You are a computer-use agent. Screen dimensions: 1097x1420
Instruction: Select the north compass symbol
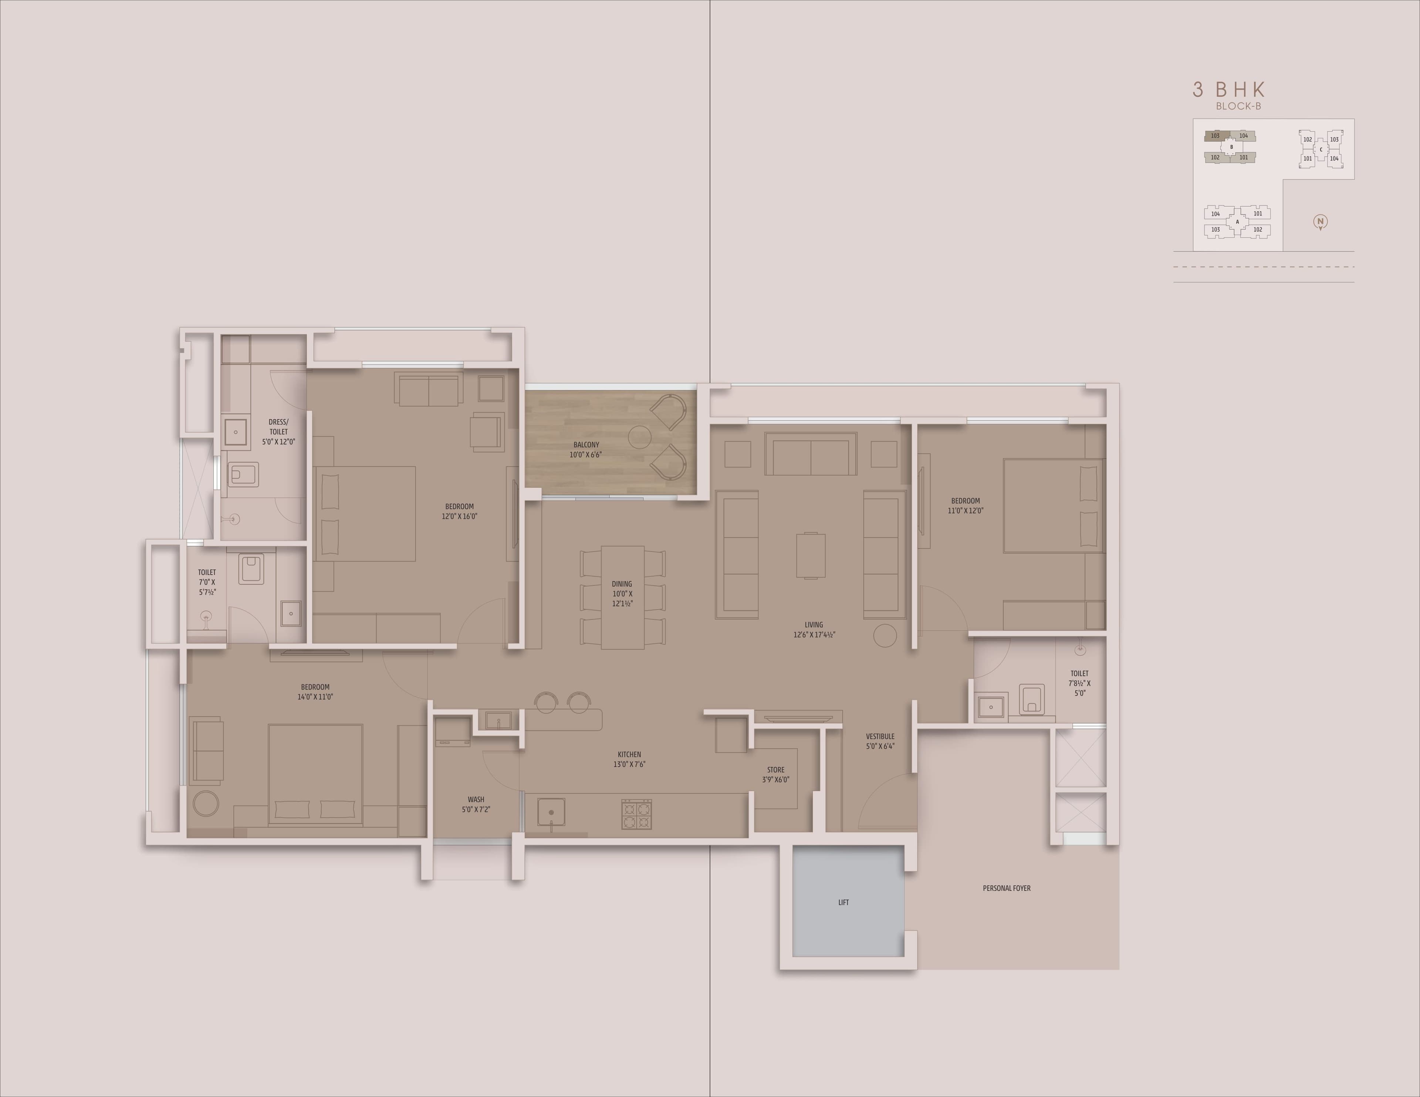click(x=1321, y=222)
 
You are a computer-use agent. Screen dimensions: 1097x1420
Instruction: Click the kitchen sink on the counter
click(x=551, y=812)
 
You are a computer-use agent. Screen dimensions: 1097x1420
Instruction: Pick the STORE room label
click(x=776, y=770)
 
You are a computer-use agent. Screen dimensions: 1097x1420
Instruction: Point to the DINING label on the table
click(x=622, y=584)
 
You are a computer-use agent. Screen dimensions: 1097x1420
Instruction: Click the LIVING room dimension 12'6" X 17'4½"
click(x=814, y=635)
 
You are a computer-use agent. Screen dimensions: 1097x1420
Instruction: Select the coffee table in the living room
click(x=811, y=555)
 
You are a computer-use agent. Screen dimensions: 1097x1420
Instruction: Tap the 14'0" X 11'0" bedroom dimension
click(x=315, y=697)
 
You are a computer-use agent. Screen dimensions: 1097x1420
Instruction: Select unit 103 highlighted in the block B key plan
click(x=1215, y=136)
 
